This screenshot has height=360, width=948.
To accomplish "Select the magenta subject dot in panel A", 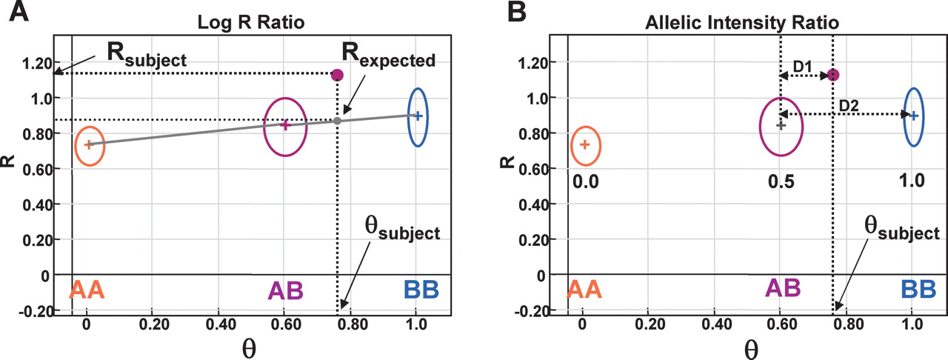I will coord(338,75).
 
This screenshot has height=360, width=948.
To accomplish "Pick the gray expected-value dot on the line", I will coord(337,121).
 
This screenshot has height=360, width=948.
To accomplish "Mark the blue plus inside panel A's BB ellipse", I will coord(418,116).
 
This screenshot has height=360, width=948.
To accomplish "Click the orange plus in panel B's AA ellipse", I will coord(585,144).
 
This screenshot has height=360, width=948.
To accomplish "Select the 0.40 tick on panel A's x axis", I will coord(219,324).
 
